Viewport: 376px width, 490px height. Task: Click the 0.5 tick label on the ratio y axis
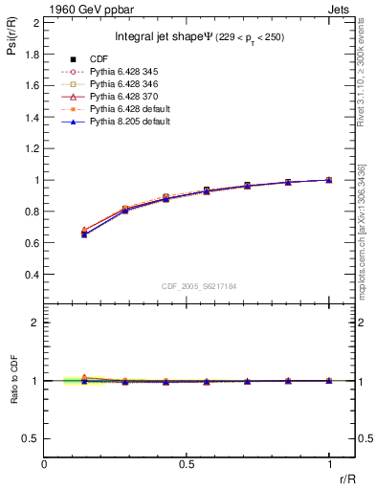[33, 438]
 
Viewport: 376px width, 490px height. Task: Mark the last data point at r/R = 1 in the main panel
[329, 180]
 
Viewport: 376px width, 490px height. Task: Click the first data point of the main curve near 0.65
[85, 234]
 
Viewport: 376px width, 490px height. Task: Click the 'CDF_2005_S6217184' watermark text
[187, 285]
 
